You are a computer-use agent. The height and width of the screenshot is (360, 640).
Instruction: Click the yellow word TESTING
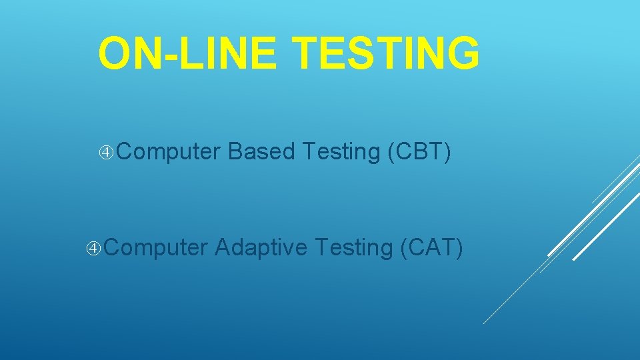tap(385, 53)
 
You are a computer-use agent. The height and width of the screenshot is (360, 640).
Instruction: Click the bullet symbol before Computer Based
tap(106, 153)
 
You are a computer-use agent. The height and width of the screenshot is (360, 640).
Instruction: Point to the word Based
tap(261, 151)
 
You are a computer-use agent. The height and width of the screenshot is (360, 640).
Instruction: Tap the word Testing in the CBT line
tap(341, 152)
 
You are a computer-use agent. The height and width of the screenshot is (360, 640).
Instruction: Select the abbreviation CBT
tap(419, 151)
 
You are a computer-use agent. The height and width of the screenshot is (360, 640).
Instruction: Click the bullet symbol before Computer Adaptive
tap(93, 248)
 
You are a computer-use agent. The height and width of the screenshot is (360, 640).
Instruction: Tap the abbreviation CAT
tap(432, 247)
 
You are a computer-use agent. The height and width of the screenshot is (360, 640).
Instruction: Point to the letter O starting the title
tap(114, 53)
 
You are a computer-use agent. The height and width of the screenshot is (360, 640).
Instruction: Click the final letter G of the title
tap(464, 53)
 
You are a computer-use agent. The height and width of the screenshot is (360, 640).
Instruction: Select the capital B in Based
tap(236, 151)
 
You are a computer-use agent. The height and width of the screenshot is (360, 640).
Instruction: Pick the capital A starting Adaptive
tap(223, 247)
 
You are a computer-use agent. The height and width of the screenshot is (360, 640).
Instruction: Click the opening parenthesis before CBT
tap(391, 152)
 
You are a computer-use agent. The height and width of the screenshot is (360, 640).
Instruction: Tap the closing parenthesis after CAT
tap(459, 249)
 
